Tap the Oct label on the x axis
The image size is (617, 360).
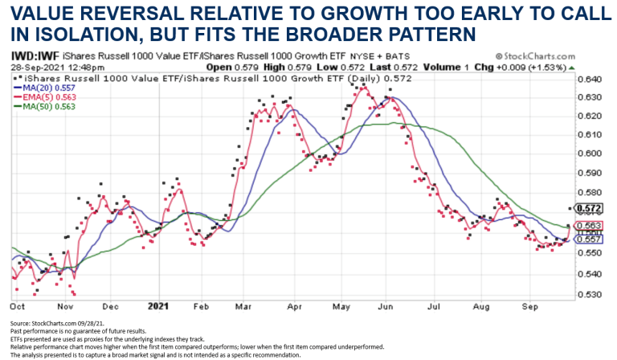[x=17, y=306]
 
